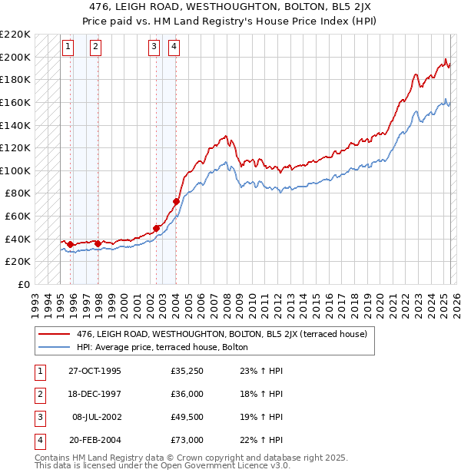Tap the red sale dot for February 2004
pos(176,201)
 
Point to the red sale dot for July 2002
pos(156,228)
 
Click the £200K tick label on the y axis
pos(15,57)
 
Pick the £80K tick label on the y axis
pos(18,193)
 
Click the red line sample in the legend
pos(54,334)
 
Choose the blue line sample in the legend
pos(54,347)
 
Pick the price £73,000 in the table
pos(187,440)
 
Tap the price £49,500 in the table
pos(187,417)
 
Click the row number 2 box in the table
pos(39,395)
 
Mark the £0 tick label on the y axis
pos(24,284)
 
